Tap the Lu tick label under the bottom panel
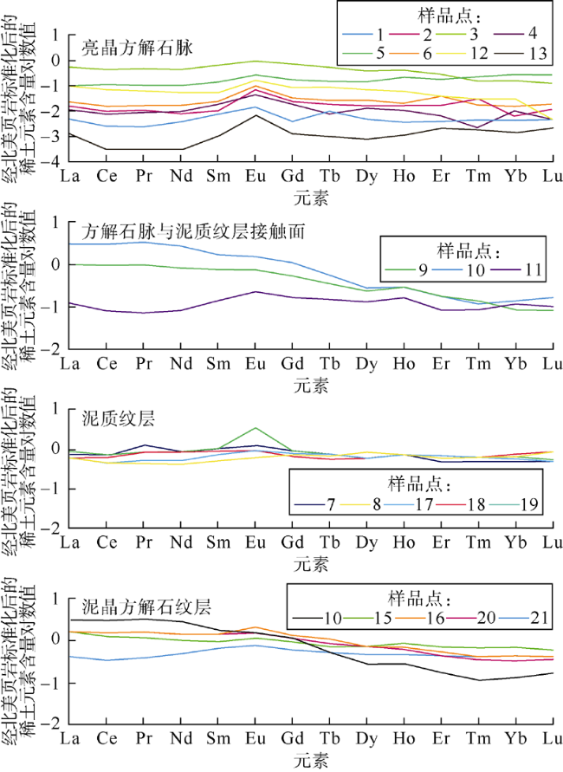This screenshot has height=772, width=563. pyautogui.click(x=551, y=738)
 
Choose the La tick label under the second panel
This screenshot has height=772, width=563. pyautogui.click(x=68, y=362)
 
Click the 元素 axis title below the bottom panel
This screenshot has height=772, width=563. pyautogui.click(x=311, y=760)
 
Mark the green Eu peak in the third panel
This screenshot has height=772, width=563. pyautogui.click(x=255, y=428)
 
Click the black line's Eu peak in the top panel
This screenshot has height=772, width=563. pyautogui.click(x=255, y=115)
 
